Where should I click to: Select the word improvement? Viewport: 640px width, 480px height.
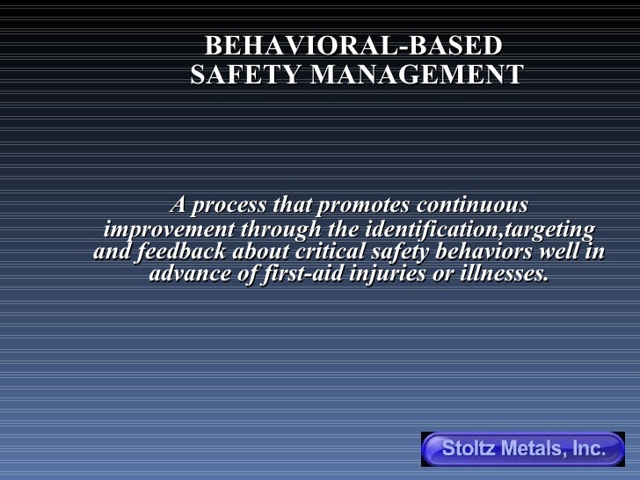(164, 230)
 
